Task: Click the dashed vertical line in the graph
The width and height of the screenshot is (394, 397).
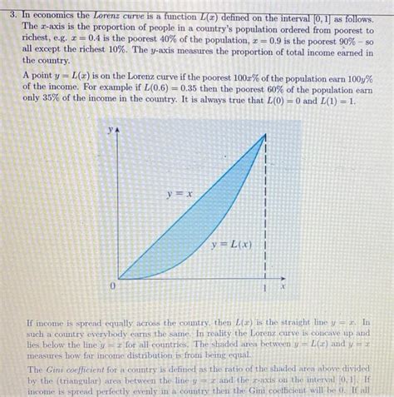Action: point(265,208)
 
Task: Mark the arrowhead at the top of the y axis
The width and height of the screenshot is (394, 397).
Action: point(119,131)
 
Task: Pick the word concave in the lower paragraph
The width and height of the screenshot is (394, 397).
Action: point(319,330)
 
